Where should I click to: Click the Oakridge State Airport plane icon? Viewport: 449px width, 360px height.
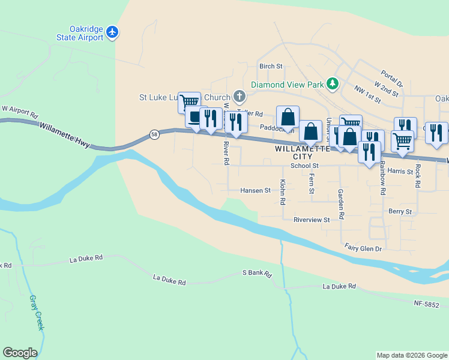[112, 32]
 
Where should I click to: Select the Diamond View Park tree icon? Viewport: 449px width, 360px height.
[332, 84]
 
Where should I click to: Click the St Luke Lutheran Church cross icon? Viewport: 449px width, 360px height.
[239, 97]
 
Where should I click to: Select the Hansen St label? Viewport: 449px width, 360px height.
[256, 190]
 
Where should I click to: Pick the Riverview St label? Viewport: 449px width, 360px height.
[312, 220]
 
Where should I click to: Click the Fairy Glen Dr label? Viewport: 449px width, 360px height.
[363, 247]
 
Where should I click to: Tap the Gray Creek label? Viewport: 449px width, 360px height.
[37, 312]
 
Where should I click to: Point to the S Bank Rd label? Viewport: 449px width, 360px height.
[258, 273]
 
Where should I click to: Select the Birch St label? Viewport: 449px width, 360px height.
[270, 66]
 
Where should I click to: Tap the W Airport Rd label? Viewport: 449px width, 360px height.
[19, 112]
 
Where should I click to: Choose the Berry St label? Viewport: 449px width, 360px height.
[400, 212]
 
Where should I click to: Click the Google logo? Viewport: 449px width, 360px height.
[20, 353]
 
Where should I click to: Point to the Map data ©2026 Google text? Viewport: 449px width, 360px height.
[412, 355]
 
